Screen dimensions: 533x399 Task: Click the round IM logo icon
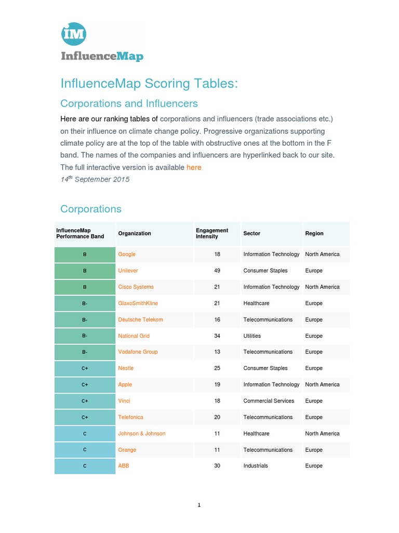click(73, 35)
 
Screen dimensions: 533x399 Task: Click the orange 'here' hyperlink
click(194, 167)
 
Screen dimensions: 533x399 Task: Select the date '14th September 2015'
click(95, 179)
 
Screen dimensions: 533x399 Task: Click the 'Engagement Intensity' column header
click(212, 233)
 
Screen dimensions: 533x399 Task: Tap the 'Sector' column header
click(252, 233)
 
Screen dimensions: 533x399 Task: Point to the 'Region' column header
click(314, 233)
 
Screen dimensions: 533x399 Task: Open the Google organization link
click(127, 254)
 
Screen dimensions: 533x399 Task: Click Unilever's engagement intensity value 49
click(217, 271)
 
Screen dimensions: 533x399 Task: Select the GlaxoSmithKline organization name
click(138, 303)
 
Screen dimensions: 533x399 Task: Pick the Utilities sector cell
click(252, 336)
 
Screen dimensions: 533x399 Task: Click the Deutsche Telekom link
click(141, 320)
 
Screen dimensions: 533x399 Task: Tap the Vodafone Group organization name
click(138, 352)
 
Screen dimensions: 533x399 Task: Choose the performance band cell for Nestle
click(85, 368)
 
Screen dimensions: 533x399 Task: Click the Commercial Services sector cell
click(269, 401)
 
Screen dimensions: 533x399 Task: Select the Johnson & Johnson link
click(142, 434)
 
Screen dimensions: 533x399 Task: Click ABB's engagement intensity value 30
click(217, 466)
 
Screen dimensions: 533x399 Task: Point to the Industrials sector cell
click(256, 466)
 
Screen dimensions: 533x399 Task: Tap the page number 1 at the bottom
click(199, 505)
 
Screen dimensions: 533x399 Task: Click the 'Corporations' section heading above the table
click(91, 209)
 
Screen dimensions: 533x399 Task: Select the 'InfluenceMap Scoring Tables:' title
click(149, 83)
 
